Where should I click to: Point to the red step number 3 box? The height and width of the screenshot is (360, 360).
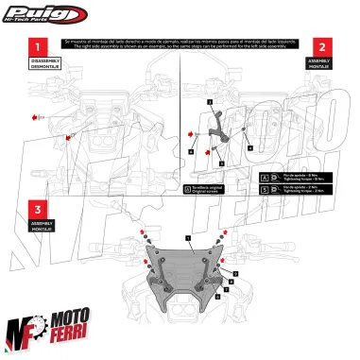pos(37,210)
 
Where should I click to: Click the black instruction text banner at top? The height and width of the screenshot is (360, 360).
pos(180,44)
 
